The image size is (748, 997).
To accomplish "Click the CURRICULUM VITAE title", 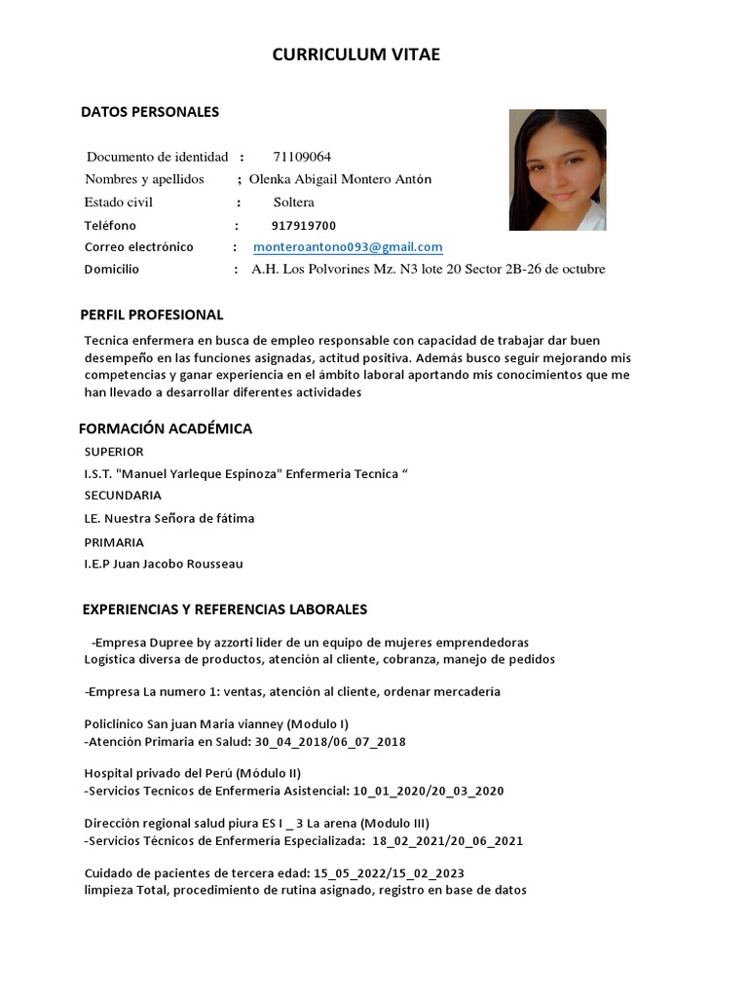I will click(x=355, y=55).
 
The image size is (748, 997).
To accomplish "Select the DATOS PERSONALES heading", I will click(x=149, y=112).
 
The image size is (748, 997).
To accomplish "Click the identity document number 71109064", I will click(x=302, y=157).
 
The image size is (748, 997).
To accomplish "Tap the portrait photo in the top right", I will click(x=557, y=169).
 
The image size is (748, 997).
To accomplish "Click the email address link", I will click(x=348, y=247).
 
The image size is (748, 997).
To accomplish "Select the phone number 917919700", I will click(x=303, y=225).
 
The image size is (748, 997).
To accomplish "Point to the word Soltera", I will click(x=293, y=203).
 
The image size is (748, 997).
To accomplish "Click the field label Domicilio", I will click(x=112, y=270).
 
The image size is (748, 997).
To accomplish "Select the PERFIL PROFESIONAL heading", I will click(x=151, y=314).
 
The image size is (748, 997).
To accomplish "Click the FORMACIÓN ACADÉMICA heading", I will click(x=165, y=428).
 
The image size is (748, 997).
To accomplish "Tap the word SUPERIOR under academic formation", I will click(x=114, y=452).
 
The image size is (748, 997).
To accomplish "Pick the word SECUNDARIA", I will click(x=123, y=496).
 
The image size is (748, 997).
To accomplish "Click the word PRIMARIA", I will click(x=114, y=542).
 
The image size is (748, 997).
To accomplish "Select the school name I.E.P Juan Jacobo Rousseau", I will click(x=164, y=564).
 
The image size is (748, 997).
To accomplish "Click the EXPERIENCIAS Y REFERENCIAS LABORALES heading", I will click(x=224, y=609).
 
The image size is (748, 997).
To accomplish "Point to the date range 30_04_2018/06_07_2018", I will click(x=330, y=742).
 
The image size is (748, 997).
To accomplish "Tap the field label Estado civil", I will click(x=119, y=203).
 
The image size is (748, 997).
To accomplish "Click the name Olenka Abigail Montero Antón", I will click(x=340, y=179).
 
